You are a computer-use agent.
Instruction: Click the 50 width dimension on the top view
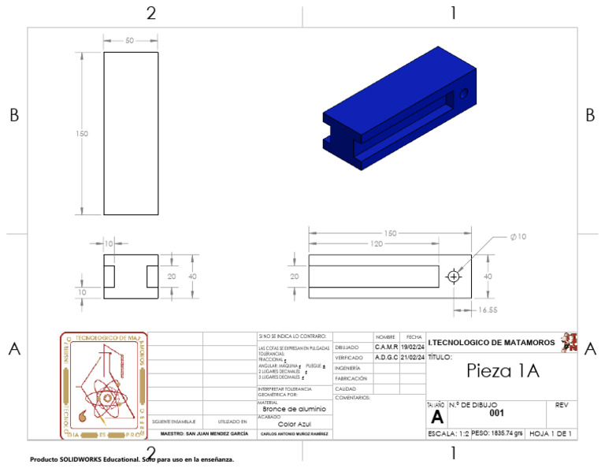click(129, 40)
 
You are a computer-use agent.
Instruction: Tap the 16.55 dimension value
click(488, 310)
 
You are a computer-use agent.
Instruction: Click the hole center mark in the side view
click(454, 277)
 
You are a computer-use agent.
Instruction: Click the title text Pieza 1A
click(503, 371)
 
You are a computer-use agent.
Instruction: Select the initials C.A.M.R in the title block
click(386, 347)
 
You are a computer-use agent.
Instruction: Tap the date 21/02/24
click(413, 357)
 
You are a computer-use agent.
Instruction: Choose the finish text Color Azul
click(295, 423)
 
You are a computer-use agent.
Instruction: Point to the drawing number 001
click(496, 413)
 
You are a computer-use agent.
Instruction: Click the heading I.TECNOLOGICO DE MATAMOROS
click(492, 343)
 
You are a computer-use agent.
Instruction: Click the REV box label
click(562, 405)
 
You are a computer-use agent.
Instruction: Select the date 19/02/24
click(413, 347)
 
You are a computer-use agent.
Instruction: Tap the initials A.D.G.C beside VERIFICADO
click(386, 357)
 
